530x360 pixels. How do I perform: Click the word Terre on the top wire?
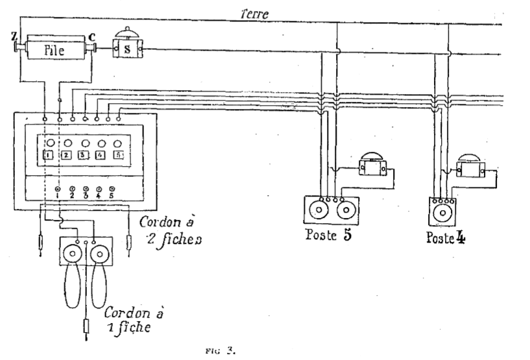[x=255, y=14]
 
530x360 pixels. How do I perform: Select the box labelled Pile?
[x=55, y=51]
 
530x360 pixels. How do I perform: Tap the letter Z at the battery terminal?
[x=14, y=36]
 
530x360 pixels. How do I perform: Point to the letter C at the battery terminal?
[x=91, y=36]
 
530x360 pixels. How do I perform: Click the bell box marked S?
[x=127, y=49]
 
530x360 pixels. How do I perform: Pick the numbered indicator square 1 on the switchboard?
[x=49, y=155]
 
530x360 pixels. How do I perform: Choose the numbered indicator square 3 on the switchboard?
[x=84, y=155]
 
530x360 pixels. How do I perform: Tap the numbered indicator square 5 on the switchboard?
[x=118, y=155]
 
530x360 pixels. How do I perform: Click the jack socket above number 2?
[x=72, y=189]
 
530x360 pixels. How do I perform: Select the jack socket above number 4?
[x=99, y=189]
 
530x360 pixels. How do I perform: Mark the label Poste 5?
[x=328, y=235]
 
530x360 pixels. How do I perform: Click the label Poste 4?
[x=446, y=237]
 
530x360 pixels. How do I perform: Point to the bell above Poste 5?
[x=373, y=164]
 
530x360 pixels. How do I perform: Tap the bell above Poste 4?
[x=470, y=165]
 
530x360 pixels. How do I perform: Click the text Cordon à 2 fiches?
[x=171, y=230]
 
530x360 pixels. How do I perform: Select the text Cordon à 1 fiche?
[x=133, y=320]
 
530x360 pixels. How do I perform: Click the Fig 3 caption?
[x=220, y=350]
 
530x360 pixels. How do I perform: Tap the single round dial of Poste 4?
[x=442, y=213]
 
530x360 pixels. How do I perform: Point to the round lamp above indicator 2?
[x=67, y=143]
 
